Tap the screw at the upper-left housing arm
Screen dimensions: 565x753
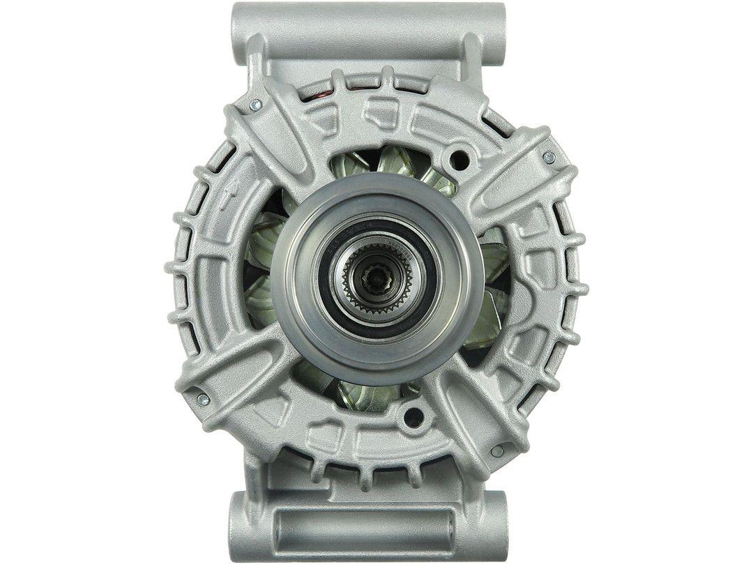(x=254, y=105)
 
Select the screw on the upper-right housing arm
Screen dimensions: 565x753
(x=549, y=158)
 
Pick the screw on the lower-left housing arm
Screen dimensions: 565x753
(x=203, y=400)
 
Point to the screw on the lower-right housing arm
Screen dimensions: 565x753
(x=497, y=451)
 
